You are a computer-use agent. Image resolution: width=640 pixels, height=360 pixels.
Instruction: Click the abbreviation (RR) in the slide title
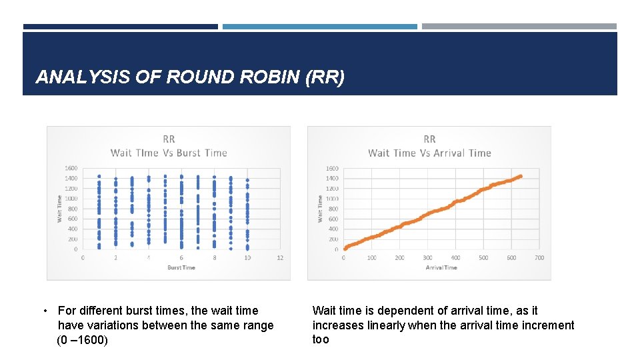coord(325,77)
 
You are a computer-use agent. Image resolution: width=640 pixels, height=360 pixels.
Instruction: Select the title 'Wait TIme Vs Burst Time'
coord(169,153)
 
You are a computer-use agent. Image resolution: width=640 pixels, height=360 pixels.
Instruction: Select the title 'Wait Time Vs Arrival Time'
coord(429,153)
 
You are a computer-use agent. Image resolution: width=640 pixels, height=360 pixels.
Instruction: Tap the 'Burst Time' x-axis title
coord(181,267)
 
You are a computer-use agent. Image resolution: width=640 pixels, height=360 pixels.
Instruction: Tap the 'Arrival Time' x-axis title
coord(441,267)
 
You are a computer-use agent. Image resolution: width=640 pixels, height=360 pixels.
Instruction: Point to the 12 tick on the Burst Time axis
coord(280,257)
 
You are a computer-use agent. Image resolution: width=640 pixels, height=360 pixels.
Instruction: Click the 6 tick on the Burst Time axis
coord(181,257)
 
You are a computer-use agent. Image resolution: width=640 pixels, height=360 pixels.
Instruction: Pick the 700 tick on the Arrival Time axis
coord(539,257)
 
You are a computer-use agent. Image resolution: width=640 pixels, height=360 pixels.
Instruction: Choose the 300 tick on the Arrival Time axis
coord(427,257)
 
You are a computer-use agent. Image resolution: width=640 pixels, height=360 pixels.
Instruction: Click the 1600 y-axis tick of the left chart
coord(71,168)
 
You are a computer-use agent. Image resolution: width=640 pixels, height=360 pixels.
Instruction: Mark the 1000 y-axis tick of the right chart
coord(332,199)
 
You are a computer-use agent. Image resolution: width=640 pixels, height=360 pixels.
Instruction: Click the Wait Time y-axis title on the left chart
coord(59,209)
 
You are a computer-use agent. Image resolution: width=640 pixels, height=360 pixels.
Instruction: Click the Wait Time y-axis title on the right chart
coord(320,209)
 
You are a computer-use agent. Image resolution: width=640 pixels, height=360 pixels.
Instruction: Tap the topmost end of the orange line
coord(520,176)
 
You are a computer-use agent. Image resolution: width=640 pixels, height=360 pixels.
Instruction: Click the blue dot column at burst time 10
coord(247,213)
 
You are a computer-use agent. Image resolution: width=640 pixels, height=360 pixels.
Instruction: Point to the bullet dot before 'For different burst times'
coord(45,311)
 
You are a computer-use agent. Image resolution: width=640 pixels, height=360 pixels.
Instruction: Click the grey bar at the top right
coord(519,27)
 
